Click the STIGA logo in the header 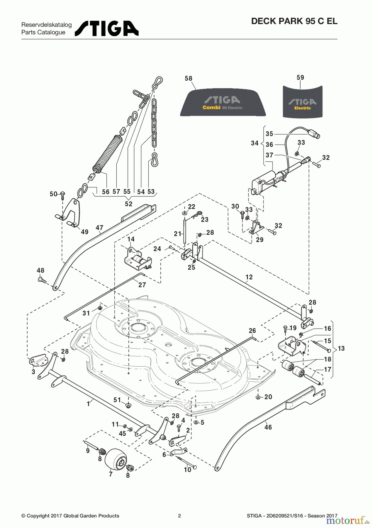[x=106, y=28]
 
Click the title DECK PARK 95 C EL [x=294, y=21]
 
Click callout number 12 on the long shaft [x=249, y=277]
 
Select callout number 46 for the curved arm [x=268, y=427]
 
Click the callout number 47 [x=99, y=228]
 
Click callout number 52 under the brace [x=128, y=204]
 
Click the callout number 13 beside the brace [x=341, y=348]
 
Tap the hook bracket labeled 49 [x=71, y=212]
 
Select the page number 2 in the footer [x=179, y=516]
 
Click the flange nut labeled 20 [x=258, y=397]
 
